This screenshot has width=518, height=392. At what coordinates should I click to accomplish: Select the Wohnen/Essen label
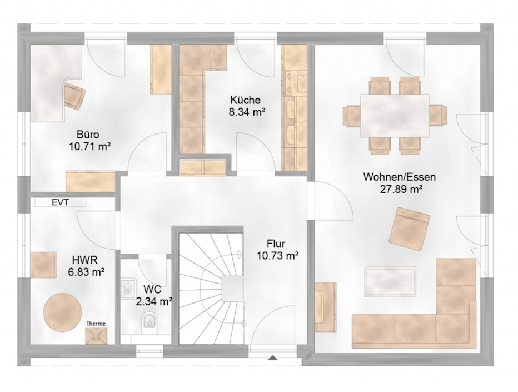pos(400,177)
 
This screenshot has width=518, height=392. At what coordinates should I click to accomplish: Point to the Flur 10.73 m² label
pos(278,250)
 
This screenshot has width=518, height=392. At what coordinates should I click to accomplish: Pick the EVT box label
pos(60,202)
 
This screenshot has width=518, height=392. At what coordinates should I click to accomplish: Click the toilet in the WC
pos(150,321)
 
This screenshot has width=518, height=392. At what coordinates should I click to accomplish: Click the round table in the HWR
pos(62,312)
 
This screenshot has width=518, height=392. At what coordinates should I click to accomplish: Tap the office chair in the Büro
pos(74,96)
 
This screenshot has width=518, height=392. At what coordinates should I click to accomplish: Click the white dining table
pos(395,115)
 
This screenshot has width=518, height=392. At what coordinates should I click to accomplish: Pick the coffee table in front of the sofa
pos(390,281)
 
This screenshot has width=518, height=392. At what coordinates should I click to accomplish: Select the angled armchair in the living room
pos(410,229)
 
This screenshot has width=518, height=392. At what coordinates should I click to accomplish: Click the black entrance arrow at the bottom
pos(272,358)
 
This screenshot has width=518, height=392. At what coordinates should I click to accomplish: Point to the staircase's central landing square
pos(233,289)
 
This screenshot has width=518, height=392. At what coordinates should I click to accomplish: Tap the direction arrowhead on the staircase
pos(240,254)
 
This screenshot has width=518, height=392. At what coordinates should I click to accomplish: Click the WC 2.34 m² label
pos(153,295)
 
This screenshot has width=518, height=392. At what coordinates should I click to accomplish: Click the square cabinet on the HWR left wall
pos(43,265)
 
